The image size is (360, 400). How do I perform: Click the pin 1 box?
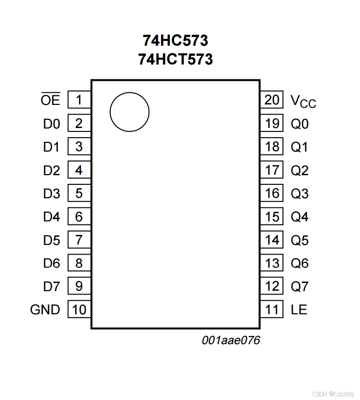(79, 100)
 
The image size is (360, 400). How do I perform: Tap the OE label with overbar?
(51, 100)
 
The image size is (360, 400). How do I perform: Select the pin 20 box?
(272, 100)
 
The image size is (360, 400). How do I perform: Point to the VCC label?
(303, 101)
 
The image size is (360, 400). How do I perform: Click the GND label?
(45, 310)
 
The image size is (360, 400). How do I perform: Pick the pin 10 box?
(79, 310)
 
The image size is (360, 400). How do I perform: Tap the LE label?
(299, 310)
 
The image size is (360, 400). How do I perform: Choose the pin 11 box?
(272, 310)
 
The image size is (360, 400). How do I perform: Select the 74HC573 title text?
(175, 40)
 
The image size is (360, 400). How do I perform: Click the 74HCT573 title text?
(175, 59)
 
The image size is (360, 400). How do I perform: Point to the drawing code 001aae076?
(231, 341)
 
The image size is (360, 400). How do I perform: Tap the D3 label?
(52, 194)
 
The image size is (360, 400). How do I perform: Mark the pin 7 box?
(79, 240)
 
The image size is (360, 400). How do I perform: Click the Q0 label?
(299, 124)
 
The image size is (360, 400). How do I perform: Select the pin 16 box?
(272, 194)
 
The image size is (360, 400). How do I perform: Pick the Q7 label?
(299, 286)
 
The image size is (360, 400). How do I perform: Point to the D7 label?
(52, 286)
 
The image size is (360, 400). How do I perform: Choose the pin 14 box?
(272, 240)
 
